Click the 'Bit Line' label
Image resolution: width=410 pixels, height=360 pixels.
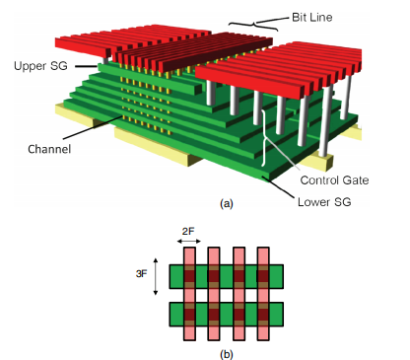[x=312, y=18]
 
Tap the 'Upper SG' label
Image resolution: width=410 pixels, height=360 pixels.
[x=40, y=66]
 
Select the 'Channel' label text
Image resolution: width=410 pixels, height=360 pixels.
[x=49, y=149]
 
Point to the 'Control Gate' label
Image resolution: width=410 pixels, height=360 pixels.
[x=334, y=180]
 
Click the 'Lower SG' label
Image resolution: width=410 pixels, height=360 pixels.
[x=324, y=202]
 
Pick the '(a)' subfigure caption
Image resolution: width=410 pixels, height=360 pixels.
[x=227, y=203]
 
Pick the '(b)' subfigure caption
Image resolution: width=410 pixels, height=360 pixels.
[x=227, y=354]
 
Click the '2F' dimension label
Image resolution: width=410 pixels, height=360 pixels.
[x=188, y=232]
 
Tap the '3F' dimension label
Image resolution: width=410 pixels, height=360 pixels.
[x=141, y=273]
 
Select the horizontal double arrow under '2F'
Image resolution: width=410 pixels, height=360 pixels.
[x=189, y=242]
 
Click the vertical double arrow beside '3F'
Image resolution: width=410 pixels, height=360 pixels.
[x=156, y=276]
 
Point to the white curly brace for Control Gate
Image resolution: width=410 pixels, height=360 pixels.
[x=264, y=138]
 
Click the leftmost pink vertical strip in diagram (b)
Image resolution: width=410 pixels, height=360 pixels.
[x=189, y=294]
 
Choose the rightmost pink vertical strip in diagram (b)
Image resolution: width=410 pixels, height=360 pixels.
[x=263, y=294]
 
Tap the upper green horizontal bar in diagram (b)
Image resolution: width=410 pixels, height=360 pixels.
[x=227, y=277]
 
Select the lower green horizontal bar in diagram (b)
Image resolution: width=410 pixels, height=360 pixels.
[x=227, y=315]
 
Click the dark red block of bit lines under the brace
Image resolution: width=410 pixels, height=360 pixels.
[x=194, y=52]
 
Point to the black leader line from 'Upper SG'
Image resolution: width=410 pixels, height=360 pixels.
[x=87, y=66]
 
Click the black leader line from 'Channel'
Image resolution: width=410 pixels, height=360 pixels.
[x=93, y=127]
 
